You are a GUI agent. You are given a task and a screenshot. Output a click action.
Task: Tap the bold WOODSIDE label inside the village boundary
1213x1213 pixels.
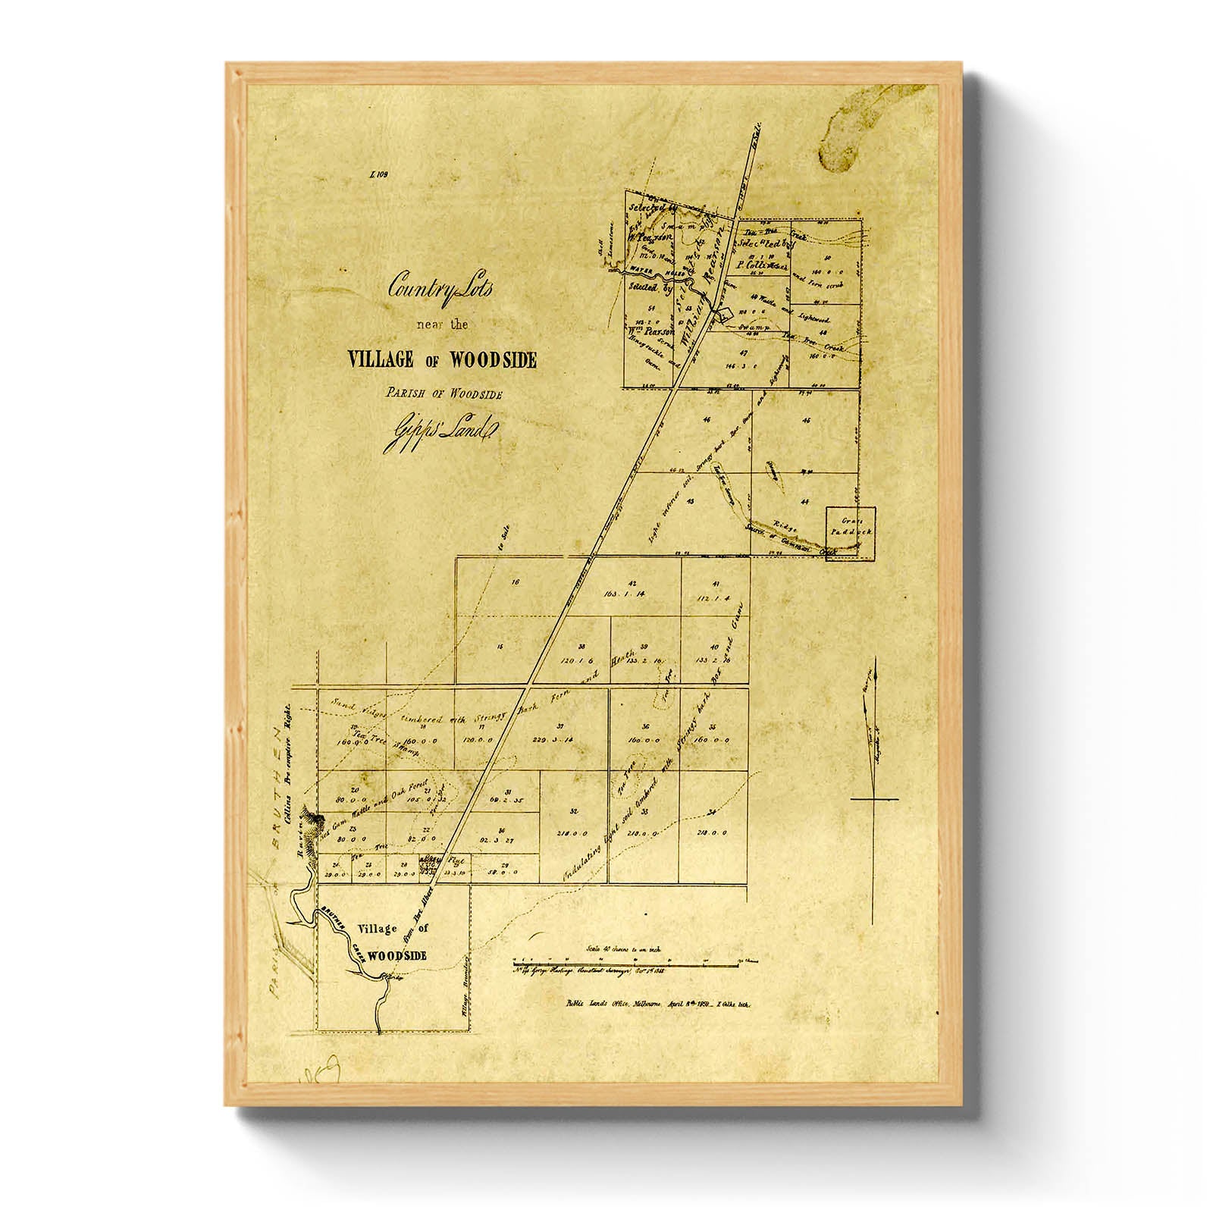point(399,956)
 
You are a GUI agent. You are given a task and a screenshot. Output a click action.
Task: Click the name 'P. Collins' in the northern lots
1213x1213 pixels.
point(754,266)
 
